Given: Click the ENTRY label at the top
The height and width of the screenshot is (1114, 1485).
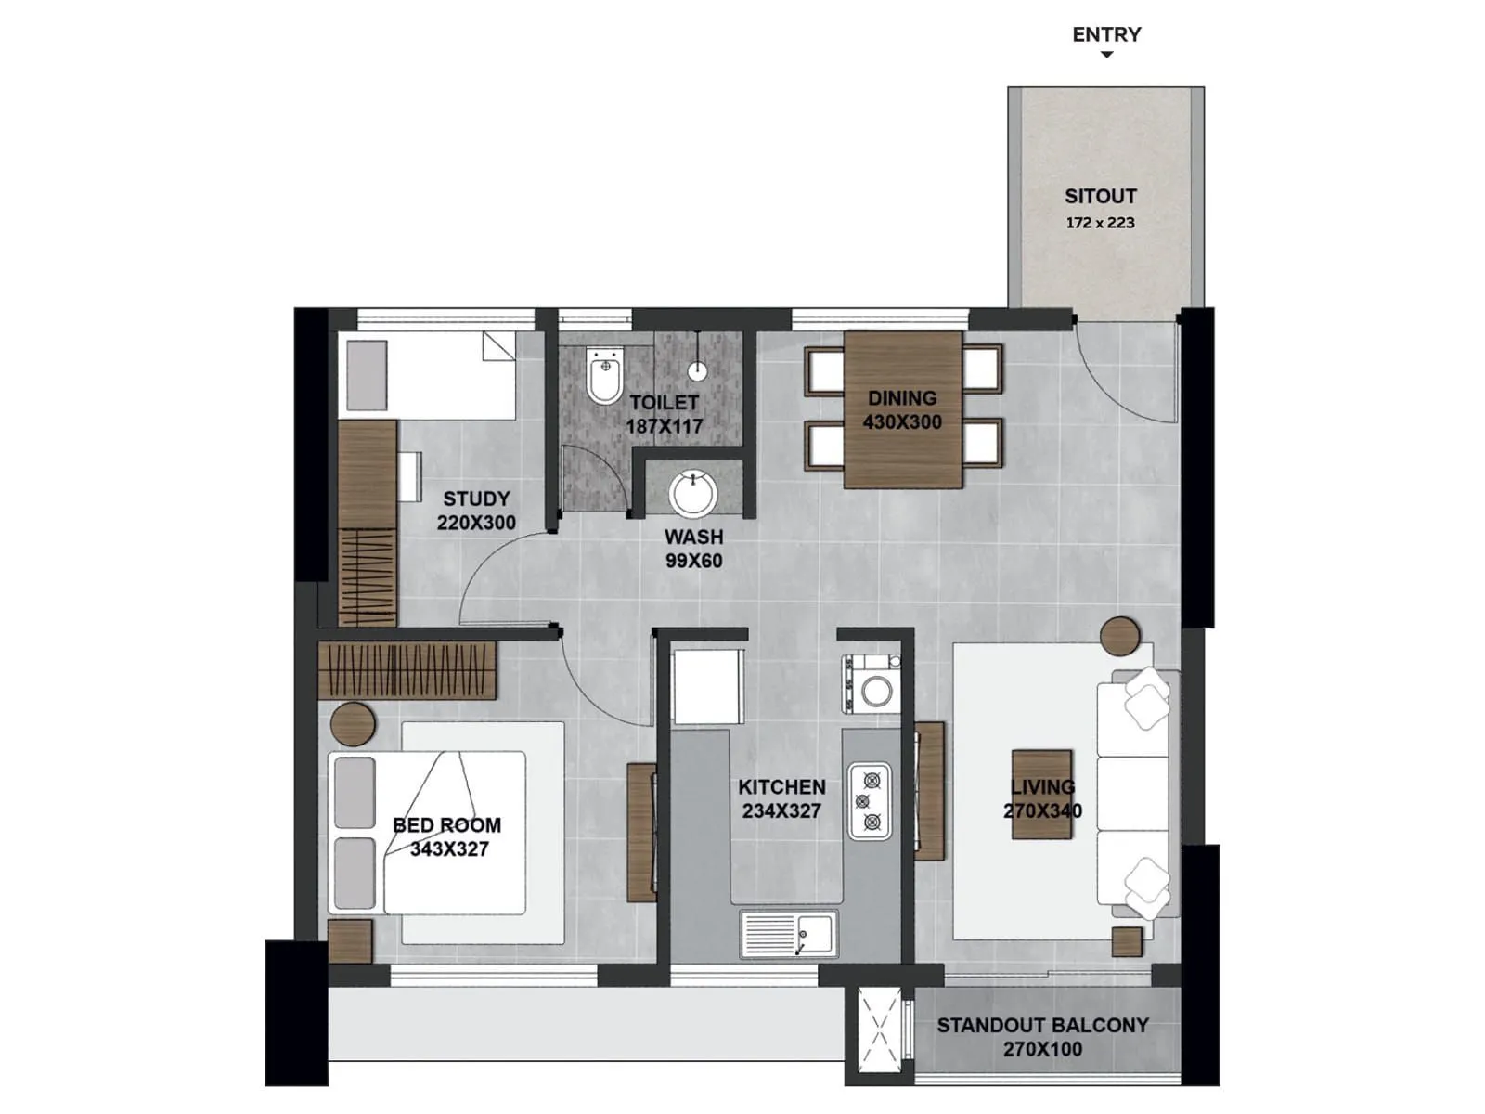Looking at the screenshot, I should tap(1106, 34).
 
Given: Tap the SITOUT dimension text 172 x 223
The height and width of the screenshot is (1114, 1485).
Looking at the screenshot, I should tap(1100, 223).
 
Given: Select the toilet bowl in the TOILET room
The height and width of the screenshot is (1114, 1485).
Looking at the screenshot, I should tap(604, 376).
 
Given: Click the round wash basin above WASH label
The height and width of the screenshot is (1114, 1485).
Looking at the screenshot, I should tap(692, 492).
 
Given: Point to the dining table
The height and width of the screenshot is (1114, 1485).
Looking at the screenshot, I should tap(902, 409).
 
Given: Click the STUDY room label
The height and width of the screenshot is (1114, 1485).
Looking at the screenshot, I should tap(476, 499).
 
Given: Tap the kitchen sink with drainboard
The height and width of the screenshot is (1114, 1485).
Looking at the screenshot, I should tap(789, 934).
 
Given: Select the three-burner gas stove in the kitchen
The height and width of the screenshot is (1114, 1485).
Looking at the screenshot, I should tap(870, 800).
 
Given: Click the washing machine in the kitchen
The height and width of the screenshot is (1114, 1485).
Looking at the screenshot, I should tap(872, 687).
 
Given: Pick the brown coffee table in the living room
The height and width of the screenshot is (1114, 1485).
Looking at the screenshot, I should tap(1042, 795).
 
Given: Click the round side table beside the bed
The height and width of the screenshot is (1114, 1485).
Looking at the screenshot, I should tap(353, 724).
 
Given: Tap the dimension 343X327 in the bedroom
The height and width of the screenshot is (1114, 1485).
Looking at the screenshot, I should tap(449, 849).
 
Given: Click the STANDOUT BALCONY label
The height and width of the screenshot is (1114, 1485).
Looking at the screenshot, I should tap(1042, 1025).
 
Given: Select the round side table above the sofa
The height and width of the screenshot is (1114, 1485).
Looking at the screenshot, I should tap(1120, 637).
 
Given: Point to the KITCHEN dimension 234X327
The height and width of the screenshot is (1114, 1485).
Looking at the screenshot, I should tap(781, 810).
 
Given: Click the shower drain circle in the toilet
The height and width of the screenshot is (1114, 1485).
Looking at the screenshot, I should tap(698, 371).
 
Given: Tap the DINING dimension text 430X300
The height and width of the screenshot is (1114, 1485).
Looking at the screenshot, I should tap(902, 422).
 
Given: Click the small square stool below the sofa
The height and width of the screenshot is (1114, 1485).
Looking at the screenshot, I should tap(1126, 941).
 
